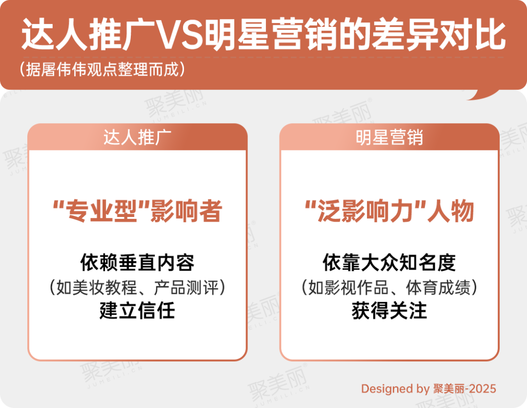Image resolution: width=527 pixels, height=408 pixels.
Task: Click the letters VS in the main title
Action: [x=179, y=35]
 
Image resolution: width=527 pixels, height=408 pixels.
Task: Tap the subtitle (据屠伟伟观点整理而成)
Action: [x=102, y=69]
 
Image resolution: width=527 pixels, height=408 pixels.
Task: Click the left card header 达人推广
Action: [x=137, y=137]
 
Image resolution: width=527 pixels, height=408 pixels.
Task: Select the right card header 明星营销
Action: [x=389, y=137]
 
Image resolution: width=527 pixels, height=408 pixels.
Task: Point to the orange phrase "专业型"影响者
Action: [x=138, y=211]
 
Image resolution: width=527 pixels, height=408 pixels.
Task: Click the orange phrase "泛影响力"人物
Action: [x=389, y=211]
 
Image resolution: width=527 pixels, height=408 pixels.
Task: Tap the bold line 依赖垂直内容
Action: [x=138, y=262]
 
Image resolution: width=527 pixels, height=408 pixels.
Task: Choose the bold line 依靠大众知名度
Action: [x=389, y=262]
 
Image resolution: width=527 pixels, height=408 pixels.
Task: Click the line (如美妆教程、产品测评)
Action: [x=138, y=287]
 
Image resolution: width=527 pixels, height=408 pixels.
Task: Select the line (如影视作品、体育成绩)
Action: [x=389, y=287]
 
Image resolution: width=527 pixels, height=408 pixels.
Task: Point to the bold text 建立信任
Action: [x=138, y=310]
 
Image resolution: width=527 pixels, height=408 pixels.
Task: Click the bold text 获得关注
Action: [x=389, y=310]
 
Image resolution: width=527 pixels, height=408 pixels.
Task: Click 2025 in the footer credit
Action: [x=482, y=389]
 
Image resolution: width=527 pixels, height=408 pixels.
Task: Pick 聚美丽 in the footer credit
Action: [x=448, y=389]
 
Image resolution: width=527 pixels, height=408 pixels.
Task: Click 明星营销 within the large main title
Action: [x=270, y=35]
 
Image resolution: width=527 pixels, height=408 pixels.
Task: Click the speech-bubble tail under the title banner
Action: [x=484, y=95]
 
